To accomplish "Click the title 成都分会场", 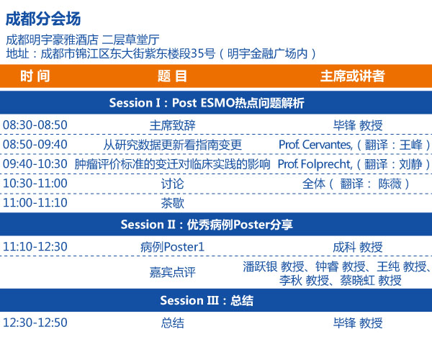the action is [43, 19].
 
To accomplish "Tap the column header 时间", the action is [35, 76].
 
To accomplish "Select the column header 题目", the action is [172, 76].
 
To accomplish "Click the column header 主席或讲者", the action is [352, 76].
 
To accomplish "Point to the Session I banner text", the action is [207, 103].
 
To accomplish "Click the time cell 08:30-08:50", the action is [35, 125].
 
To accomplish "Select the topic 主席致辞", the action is [173, 125].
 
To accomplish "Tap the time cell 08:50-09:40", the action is [35, 145].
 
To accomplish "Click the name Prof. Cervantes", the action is [315, 145].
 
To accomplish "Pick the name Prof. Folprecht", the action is [315, 164].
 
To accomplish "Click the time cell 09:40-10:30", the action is [35, 164].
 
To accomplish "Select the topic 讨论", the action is [173, 184].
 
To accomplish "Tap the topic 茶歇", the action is [173, 203].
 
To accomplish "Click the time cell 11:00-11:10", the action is [35, 203].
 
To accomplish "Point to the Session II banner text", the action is [207, 225].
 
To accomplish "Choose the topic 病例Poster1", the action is [173, 247].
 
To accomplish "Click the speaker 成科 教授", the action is [358, 247].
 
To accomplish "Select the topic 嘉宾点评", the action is [173, 272].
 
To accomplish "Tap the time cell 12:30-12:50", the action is [35, 323].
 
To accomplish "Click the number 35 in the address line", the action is [197, 53].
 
